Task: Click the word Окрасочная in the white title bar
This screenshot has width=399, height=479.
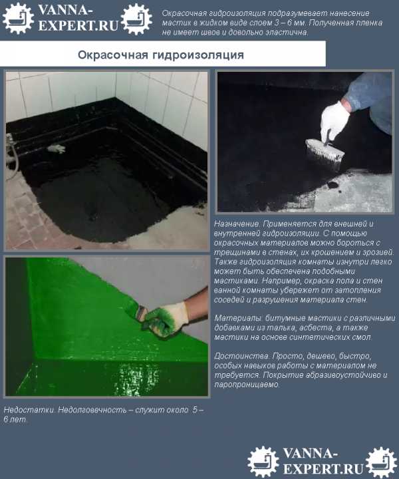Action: coord(112,55)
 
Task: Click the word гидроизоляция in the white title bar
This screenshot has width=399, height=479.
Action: coord(198,55)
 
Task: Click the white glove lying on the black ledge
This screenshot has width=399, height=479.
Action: coord(56,148)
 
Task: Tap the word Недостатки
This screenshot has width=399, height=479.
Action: coord(29,410)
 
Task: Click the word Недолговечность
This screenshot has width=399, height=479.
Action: coord(92,410)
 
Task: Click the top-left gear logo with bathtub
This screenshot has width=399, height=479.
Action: coord(18,18)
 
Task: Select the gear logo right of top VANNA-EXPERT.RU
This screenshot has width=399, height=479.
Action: coord(136,19)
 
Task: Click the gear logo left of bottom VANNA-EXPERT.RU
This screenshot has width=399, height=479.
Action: coord(263,462)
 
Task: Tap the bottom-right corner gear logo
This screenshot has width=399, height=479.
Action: coord(381,462)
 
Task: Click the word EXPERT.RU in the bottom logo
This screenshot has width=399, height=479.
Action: coord(323,468)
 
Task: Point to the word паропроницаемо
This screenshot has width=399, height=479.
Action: coord(247,385)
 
